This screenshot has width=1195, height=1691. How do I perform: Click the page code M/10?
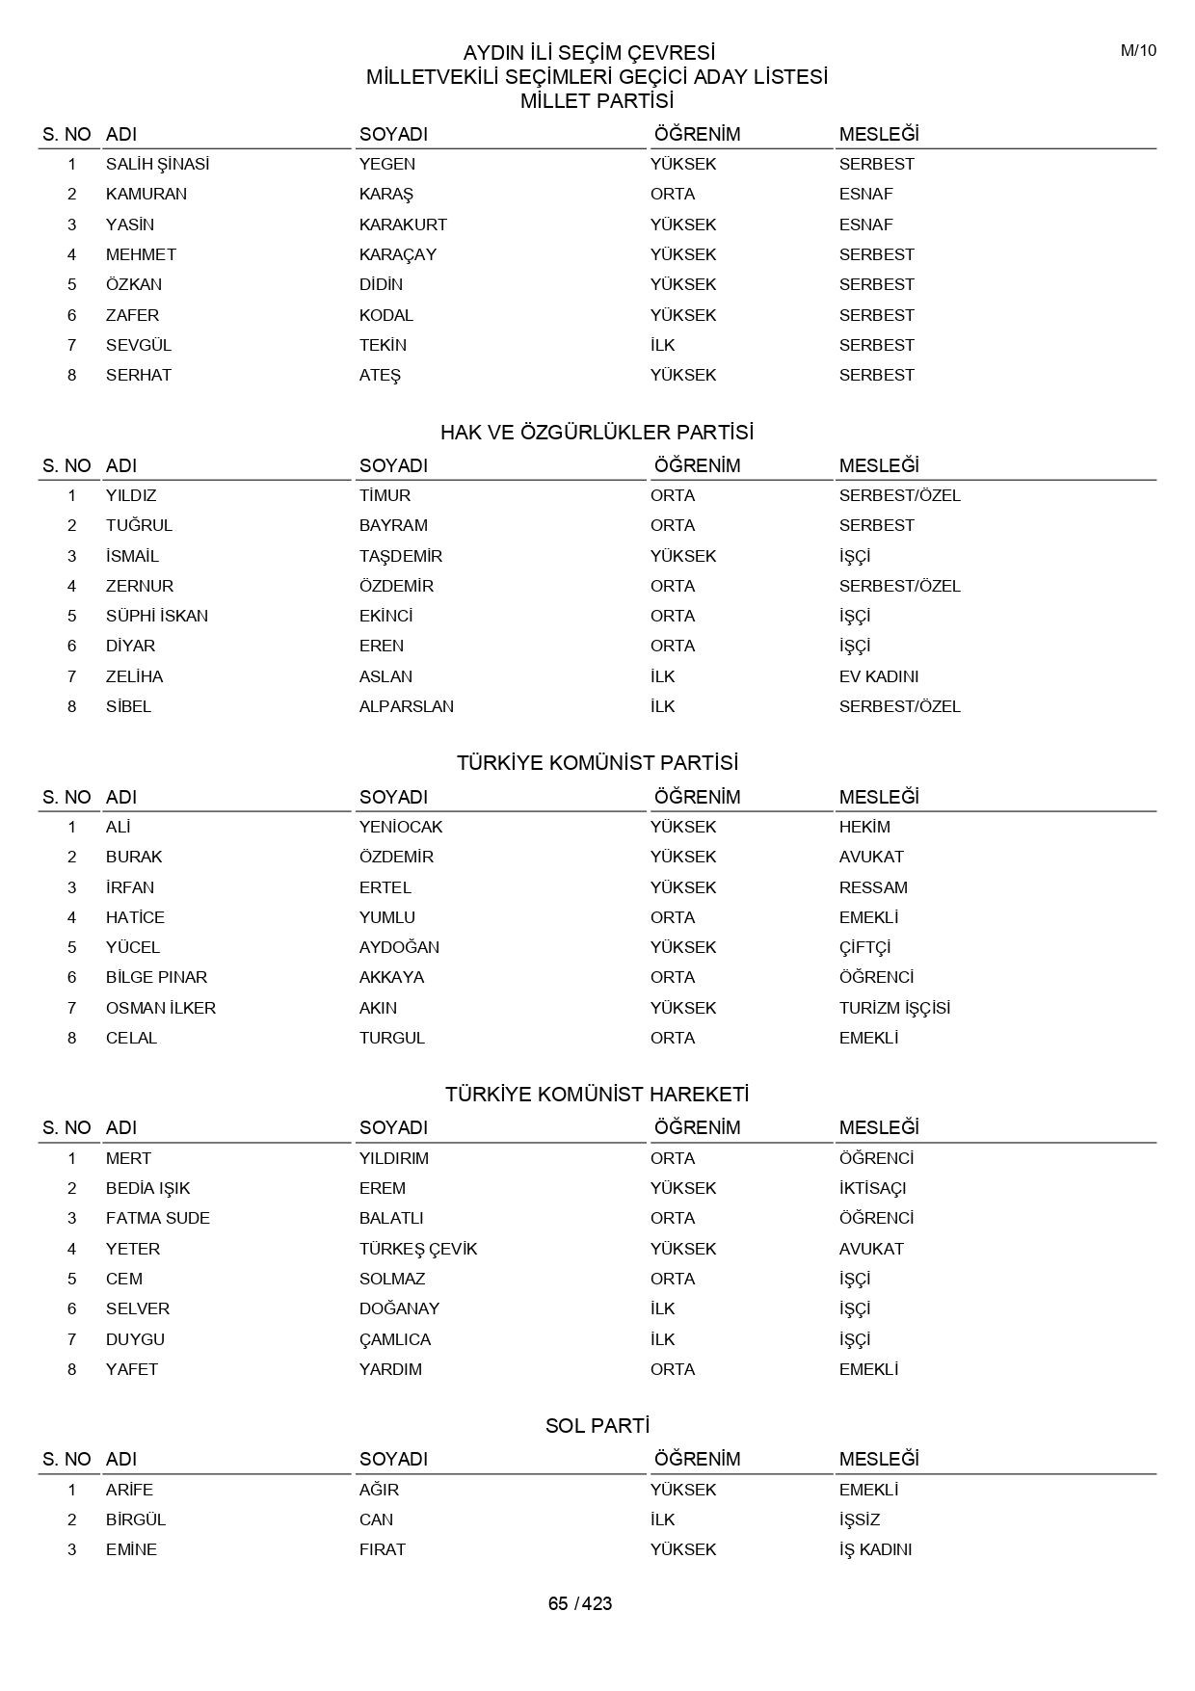point(1138,51)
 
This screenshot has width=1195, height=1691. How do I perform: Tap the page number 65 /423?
point(580,1603)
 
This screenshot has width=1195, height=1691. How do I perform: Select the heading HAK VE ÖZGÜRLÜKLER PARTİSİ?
point(597,432)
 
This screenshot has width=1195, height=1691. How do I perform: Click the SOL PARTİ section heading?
point(597,1425)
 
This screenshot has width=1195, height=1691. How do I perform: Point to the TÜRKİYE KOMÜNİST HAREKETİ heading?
point(597,1095)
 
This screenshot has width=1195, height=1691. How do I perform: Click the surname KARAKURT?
point(403,225)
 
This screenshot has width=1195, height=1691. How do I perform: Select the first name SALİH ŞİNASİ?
point(157,164)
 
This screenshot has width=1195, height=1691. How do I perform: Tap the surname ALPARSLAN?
point(406,706)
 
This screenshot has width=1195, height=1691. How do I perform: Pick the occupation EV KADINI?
point(878,676)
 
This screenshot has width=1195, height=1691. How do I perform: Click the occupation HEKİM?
point(864,827)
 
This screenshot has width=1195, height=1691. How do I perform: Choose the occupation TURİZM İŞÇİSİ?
point(894,1008)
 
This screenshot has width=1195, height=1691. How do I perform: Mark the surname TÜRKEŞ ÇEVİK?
point(418,1249)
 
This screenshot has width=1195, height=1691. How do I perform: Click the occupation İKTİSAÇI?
point(872,1188)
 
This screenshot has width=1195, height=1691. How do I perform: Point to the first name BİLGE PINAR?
point(156,977)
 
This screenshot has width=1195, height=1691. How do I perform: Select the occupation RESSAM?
point(873,887)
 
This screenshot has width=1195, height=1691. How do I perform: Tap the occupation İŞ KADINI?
point(875,1549)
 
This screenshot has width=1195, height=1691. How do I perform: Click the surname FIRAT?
point(382,1549)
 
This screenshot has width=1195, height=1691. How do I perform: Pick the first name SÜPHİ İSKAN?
point(156,616)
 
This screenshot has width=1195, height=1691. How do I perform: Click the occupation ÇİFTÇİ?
point(864,947)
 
